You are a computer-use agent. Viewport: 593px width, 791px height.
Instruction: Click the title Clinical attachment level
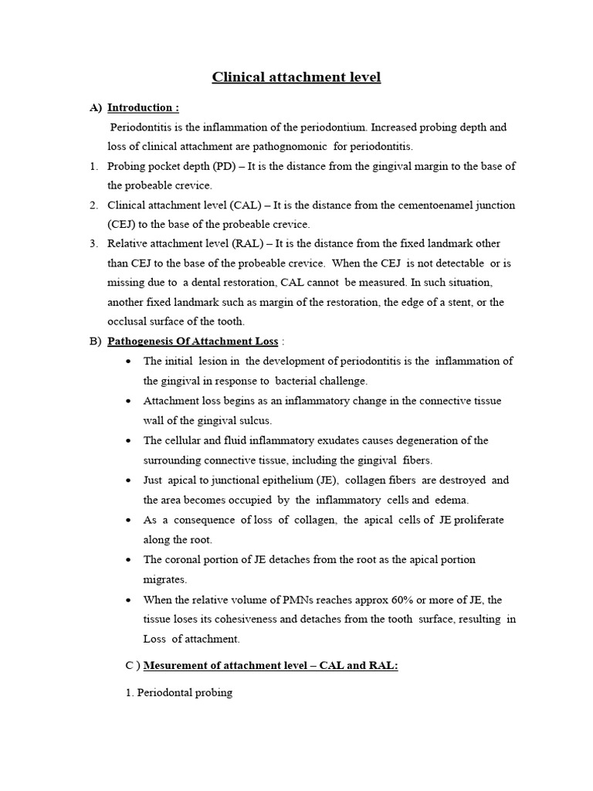pyautogui.click(x=296, y=77)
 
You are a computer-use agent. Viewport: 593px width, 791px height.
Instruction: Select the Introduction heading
pyautogui.click(x=143, y=107)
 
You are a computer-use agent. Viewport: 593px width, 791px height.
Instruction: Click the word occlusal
pyautogui.click(x=129, y=321)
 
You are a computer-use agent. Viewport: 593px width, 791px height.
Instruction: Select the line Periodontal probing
pyautogui.click(x=178, y=693)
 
